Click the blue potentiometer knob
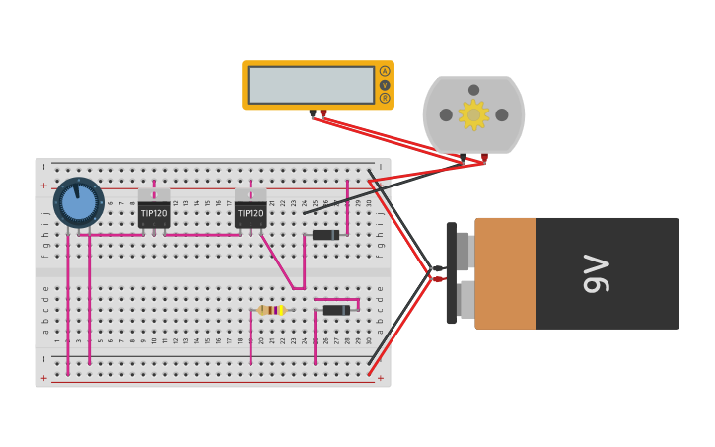79,202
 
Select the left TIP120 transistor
154,212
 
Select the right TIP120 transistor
250,212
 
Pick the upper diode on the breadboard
325,235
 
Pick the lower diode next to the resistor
336,310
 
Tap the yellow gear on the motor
473,114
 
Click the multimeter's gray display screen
311,85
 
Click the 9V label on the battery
597,273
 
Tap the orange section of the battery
505,273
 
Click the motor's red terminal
484,157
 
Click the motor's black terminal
464,157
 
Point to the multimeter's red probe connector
323,113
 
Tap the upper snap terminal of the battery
464,251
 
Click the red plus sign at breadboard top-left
43,186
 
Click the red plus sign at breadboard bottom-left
43,378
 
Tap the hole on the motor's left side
446,114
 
